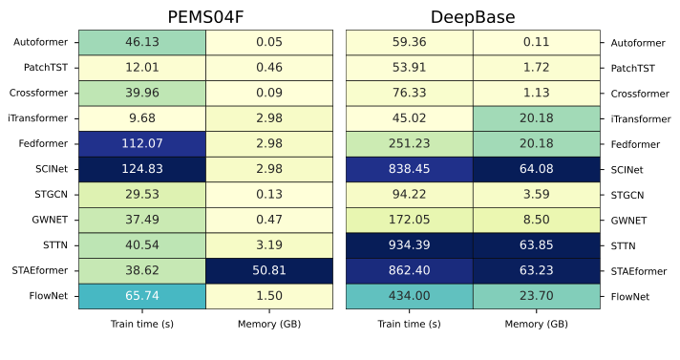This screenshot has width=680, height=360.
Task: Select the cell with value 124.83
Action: tap(141, 169)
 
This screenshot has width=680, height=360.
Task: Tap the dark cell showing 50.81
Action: tap(269, 270)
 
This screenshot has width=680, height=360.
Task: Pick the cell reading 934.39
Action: tap(409, 245)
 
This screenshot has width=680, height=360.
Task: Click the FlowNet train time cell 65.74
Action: tap(141, 296)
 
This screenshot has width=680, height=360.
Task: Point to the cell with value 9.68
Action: tap(141, 118)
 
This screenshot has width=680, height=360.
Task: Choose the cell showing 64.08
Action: tap(537, 169)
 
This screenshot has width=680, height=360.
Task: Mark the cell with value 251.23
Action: tap(409, 143)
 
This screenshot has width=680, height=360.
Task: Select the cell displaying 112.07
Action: tap(141, 143)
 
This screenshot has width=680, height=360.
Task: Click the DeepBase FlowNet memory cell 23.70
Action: tap(537, 296)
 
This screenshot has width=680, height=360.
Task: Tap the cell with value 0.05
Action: tap(269, 42)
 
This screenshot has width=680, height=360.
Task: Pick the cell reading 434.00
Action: tap(409, 296)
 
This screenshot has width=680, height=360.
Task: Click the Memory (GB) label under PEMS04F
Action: tap(269, 325)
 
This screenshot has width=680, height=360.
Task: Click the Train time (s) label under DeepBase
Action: tap(409, 325)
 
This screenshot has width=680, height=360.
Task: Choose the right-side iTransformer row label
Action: tap(640, 118)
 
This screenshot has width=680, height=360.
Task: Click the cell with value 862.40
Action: tap(409, 270)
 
